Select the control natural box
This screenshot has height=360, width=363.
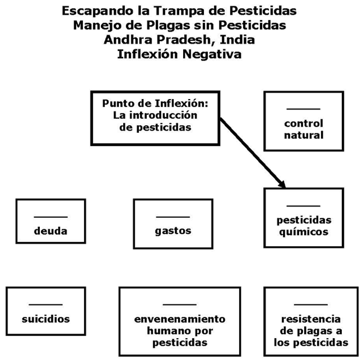pyautogui.click(x=304, y=121)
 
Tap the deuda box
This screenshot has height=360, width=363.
pyautogui.click(x=51, y=222)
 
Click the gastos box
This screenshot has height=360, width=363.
pyautogui.click(x=173, y=222)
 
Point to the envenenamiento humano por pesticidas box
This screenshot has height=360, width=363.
pyautogui.click(x=179, y=321)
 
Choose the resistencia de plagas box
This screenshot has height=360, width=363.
pyautogui.click(x=311, y=321)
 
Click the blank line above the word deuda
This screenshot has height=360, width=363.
pyautogui.click(x=51, y=217)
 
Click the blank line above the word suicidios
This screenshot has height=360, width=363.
pyautogui.click(x=46, y=305)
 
